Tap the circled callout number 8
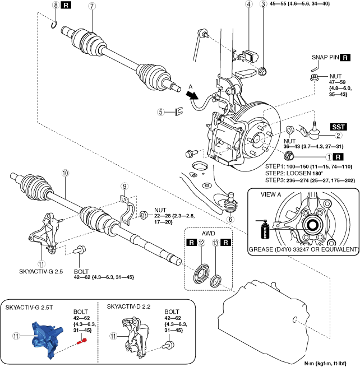click(x=55, y=6)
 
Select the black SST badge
click(x=338, y=127)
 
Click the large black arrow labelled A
click(x=195, y=96)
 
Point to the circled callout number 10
click(x=65, y=174)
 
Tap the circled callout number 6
click(x=230, y=219)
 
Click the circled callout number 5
click(x=160, y=112)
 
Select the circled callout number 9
click(x=124, y=185)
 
